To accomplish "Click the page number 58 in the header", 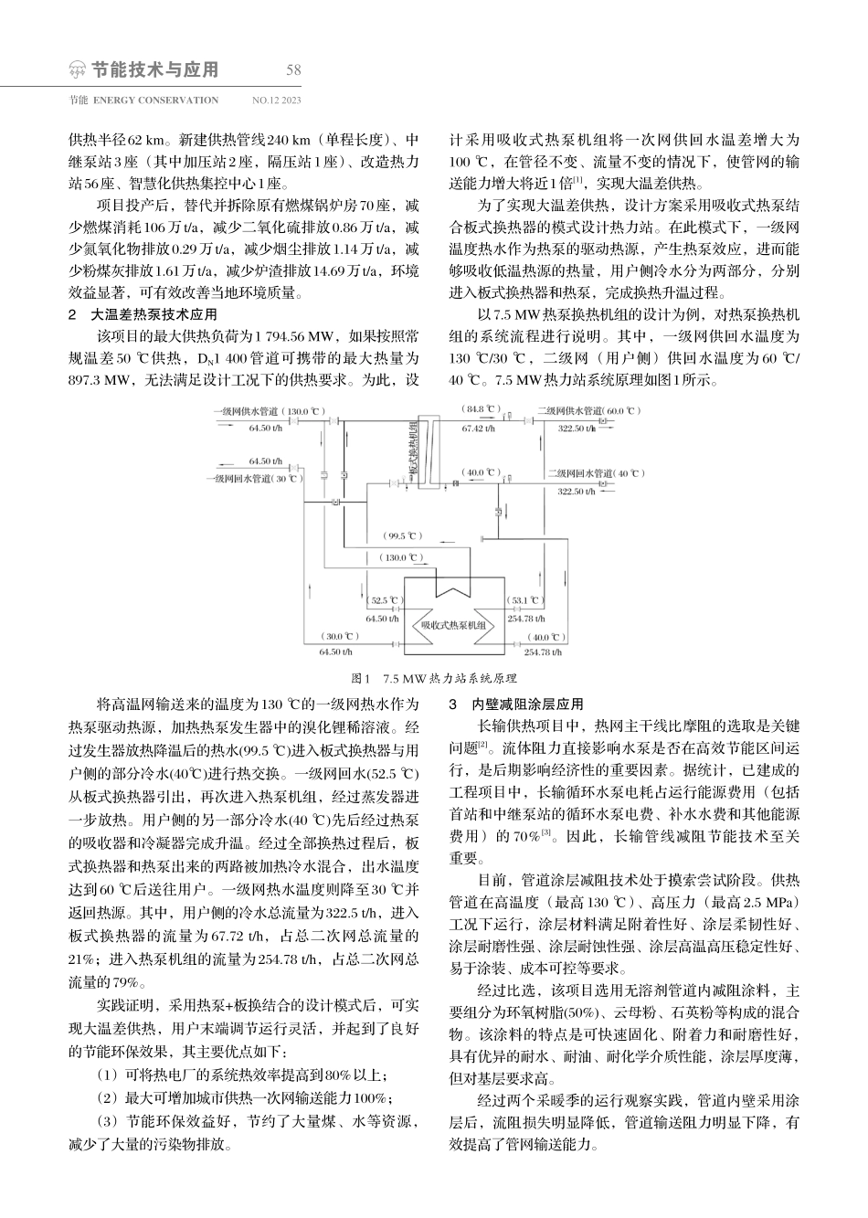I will pyautogui.click(x=293, y=70).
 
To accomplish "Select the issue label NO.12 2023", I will pyautogui.click(x=276, y=101).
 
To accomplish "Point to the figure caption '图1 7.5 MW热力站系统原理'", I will pyautogui.click(x=434, y=679).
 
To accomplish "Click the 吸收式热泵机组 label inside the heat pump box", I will pyautogui.click(x=452, y=625).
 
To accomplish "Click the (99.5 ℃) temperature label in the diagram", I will pyautogui.click(x=403, y=535).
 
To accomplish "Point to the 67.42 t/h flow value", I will pyautogui.click(x=479, y=427).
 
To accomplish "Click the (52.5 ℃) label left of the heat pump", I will pyautogui.click(x=384, y=600).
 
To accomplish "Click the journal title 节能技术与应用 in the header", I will pyautogui.click(x=155, y=70).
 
